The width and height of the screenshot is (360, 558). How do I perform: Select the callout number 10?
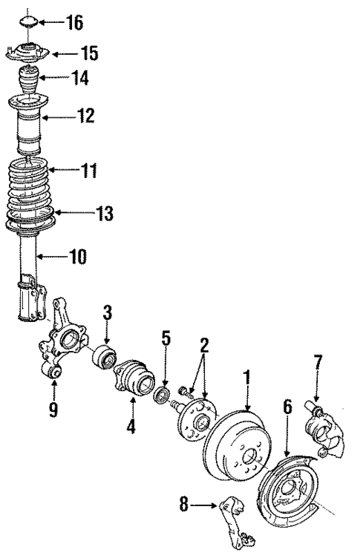(x=76, y=257)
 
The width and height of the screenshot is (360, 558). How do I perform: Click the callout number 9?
(x=53, y=409)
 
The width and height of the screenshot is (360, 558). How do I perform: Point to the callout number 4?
(x=131, y=427)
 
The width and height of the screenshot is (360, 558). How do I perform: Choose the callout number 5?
(x=166, y=338)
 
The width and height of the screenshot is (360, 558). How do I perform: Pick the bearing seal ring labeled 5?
(x=162, y=393)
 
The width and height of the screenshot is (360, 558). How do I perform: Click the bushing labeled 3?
(x=105, y=358)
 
